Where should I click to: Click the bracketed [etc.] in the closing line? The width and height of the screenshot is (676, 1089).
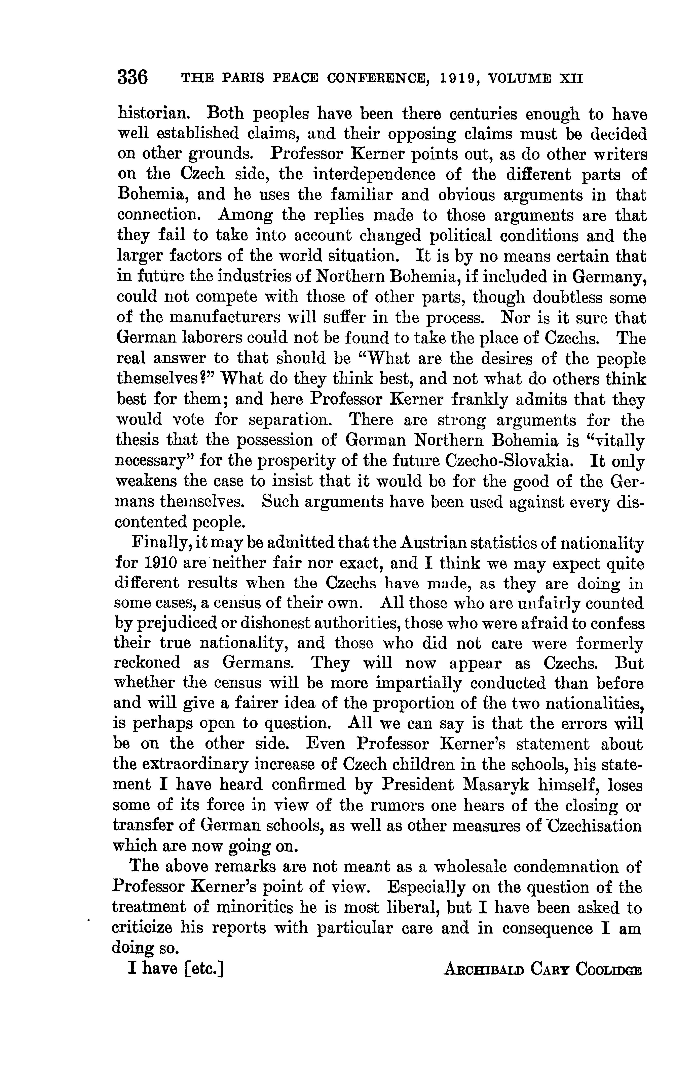[x=203, y=969]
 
